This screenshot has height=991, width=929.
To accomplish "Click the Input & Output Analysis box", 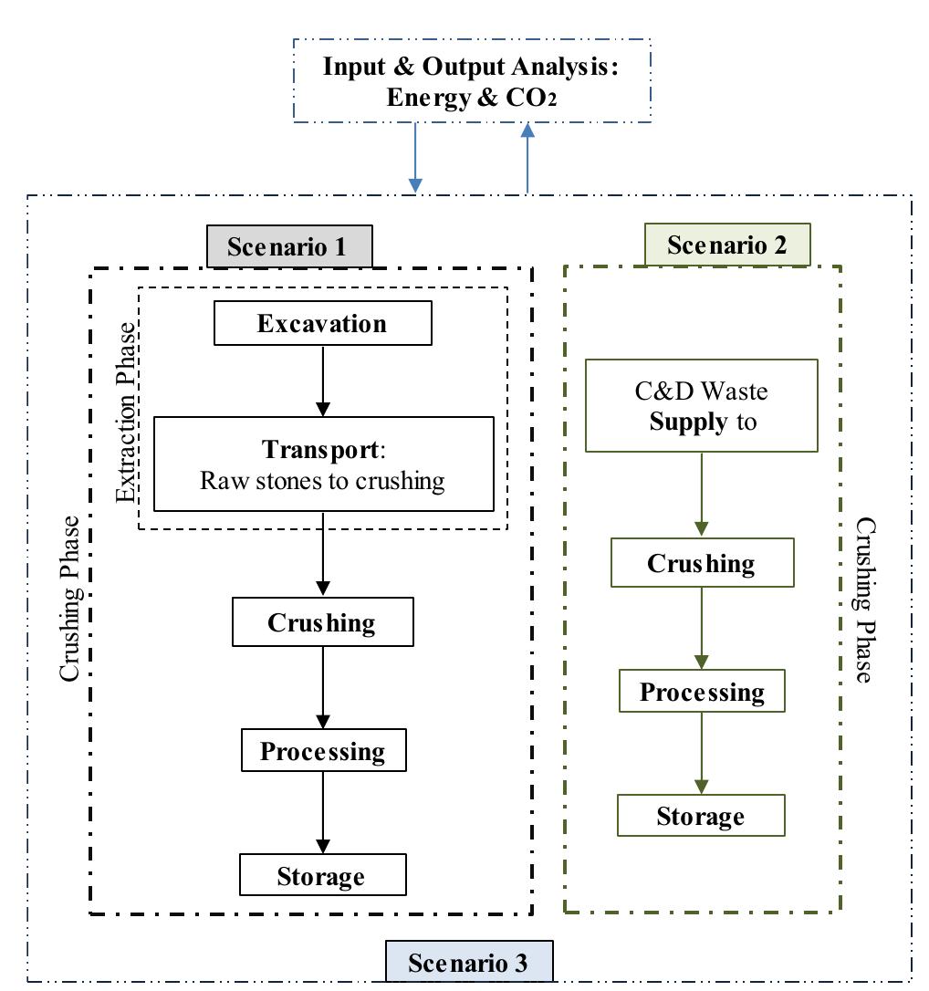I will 472,81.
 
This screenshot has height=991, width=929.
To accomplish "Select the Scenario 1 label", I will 289,246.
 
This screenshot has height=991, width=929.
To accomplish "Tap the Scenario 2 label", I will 727,245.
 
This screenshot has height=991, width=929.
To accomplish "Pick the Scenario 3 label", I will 468,963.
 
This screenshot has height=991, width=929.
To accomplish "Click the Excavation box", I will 322,324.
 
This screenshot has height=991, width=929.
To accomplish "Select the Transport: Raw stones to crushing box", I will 323,464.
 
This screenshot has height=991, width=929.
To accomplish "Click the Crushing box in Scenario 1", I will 322,622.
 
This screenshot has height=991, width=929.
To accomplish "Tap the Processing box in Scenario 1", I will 323,750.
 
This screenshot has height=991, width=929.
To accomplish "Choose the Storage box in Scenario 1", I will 321,876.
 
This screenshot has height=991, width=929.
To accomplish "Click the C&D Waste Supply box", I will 701,406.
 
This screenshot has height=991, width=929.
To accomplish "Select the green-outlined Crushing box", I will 702,563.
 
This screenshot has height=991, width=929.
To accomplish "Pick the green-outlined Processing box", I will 702,691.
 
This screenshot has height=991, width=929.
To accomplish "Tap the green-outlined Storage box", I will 701,816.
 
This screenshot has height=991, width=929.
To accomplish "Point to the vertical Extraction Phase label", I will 127,412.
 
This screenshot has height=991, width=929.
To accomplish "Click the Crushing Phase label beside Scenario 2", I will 863,600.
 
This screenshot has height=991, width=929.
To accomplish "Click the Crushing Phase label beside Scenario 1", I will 70,598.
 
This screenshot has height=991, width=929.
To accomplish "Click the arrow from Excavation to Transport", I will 322,381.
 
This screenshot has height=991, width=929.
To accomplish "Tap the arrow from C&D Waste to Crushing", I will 702,494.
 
